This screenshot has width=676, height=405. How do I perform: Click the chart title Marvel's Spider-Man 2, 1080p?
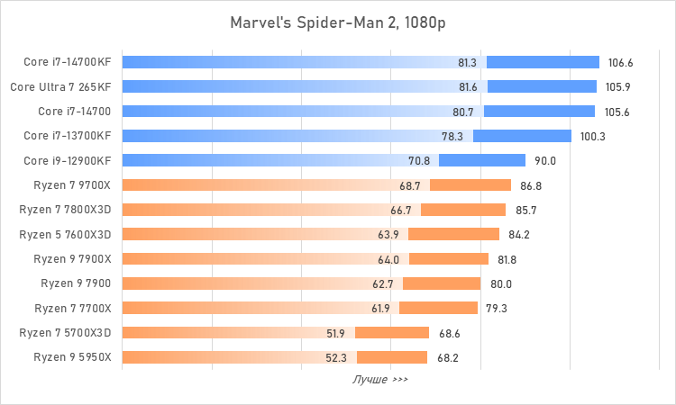[x=337, y=21]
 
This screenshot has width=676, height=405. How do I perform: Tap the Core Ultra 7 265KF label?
[x=61, y=87]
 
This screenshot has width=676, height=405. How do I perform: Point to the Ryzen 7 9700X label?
[x=72, y=185]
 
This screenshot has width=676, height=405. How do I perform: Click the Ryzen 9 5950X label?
[x=72, y=357]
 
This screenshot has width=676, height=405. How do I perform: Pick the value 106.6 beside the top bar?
[x=621, y=63]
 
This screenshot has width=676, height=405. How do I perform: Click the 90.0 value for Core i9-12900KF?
[x=546, y=161]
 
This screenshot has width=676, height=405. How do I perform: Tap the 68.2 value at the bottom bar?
[x=448, y=357]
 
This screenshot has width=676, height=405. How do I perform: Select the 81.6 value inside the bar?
[x=468, y=87]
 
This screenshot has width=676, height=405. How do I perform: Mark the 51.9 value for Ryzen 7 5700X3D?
[x=336, y=333]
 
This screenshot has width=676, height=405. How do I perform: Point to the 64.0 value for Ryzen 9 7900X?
[x=389, y=259]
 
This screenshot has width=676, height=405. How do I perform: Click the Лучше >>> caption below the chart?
[x=379, y=380]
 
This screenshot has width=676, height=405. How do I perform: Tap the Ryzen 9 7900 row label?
[x=76, y=283]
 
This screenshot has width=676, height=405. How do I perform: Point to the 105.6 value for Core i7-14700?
[x=617, y=112]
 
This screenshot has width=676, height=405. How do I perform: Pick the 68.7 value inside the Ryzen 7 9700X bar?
[x=410, y=185]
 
